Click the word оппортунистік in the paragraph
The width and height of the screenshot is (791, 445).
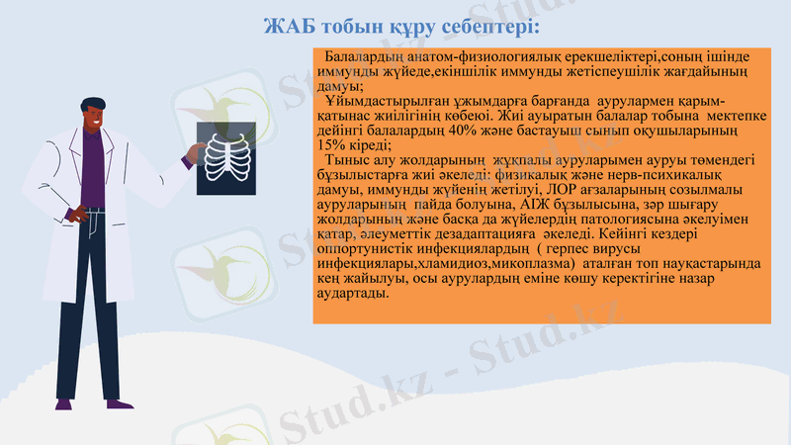[x=362, y=251]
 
